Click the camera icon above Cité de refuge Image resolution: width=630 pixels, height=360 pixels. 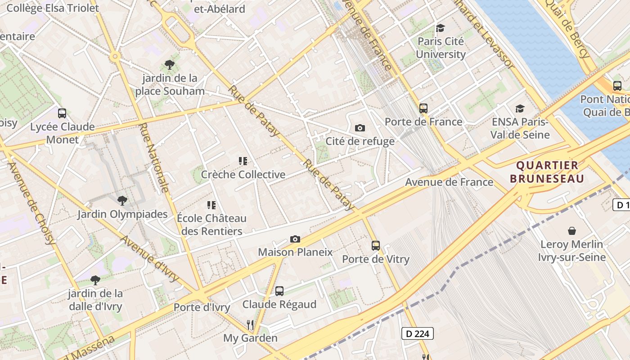(x=360, y=128)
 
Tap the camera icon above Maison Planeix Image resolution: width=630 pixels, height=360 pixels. (x=295, y=239)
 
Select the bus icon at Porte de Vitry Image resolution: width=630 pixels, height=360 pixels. (x=376, y=246)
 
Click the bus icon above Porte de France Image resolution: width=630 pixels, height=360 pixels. (x=423, y=108)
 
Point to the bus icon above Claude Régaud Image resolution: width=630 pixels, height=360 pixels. (x=279, y=291)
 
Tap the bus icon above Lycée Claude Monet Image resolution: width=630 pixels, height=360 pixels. (x=62, y=113)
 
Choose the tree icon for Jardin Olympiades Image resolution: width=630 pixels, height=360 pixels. (x=121, y=200)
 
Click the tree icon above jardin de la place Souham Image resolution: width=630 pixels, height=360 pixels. (x=170, y=65)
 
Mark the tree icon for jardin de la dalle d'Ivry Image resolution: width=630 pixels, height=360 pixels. (x=95, y=280)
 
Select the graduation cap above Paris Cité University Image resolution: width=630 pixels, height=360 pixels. (x=440, y=28)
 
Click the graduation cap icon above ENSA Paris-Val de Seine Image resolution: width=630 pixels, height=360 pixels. (x=520, y=108)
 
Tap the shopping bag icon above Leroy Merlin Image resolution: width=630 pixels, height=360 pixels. (x=571, y=231)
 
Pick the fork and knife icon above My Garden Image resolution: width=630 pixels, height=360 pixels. (x=250, y=324)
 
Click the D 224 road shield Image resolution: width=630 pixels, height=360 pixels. (x=417, y=333)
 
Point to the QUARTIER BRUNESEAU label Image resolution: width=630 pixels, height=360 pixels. (x=547, y=171)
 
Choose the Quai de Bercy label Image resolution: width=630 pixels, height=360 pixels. (x=568, y=29)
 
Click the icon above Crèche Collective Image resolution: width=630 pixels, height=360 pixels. (x=243, y=161)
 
